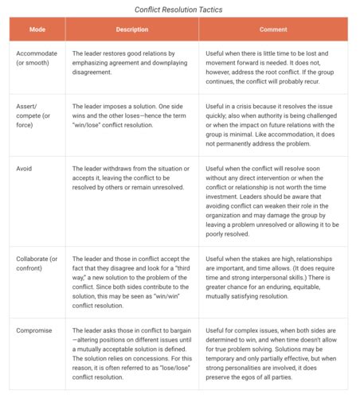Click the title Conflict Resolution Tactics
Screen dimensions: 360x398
click(x=179, y=10)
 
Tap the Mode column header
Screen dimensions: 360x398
click(x=37, y=29)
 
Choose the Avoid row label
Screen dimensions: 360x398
click(x=24, y=170)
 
